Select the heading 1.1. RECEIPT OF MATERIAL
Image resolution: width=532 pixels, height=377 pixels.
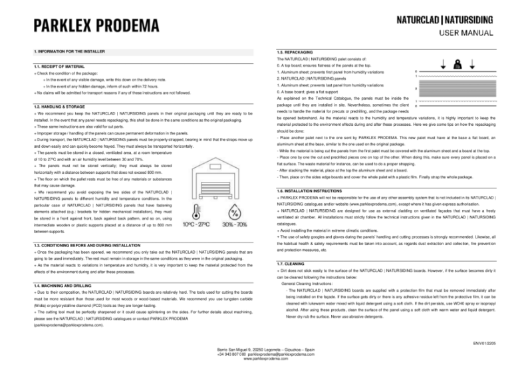click(x=59, y=67)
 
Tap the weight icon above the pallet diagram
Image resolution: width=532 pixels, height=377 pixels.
click(x=457, y=65)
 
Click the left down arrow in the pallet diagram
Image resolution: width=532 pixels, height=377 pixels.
click(x=443, y=65)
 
